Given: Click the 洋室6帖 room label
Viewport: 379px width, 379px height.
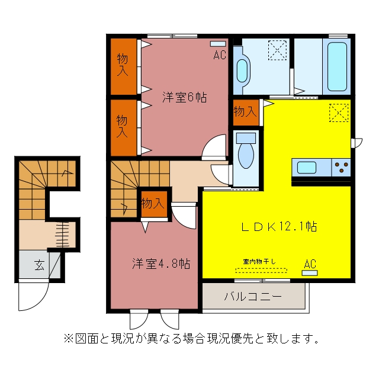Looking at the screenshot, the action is point(184,97).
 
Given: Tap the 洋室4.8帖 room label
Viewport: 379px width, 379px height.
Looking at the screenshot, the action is point(161,264).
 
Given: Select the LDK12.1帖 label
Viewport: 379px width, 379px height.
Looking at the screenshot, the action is point(279,227).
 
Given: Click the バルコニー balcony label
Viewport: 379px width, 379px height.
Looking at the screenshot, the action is point(253,296).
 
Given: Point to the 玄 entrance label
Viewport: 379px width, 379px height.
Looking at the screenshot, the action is point(39,265).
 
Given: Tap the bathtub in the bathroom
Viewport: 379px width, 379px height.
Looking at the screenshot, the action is point(337,66).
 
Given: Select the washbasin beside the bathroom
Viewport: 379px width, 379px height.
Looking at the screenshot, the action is point(242,71).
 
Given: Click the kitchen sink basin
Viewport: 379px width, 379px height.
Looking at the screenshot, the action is point(307,168).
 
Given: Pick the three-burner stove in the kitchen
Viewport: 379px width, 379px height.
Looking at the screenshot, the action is point(341,167).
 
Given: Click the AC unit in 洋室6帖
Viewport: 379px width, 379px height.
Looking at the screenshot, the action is point(218,44).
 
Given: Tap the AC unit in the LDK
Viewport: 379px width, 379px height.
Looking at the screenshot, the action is point(310,273).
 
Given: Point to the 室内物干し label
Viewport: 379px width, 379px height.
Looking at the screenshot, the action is point(259,262).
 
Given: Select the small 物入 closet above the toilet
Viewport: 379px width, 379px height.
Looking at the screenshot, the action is point(246,112).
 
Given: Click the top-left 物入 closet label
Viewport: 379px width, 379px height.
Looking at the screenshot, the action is point(123,65).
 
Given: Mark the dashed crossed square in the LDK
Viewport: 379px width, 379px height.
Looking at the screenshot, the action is point(339,113).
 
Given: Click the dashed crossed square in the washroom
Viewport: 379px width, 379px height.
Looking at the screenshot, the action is point(278,50).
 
